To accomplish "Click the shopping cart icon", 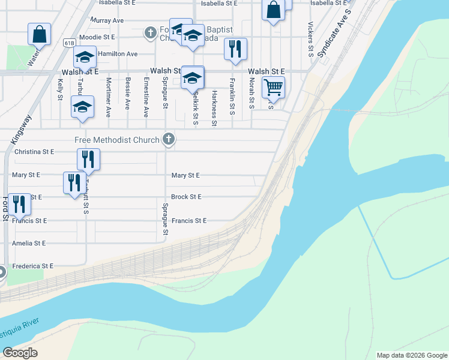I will click(x=273, y=87).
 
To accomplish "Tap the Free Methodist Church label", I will click(x=117, y=140).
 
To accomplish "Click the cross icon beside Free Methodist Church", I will click(x=169, y=139).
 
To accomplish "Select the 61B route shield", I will click(x=68, y=43).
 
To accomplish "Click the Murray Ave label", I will click(x=107, y=20).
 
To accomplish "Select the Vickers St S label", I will click(x=310, y=39).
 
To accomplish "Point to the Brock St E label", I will click(x=186, y=197).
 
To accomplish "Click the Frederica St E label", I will click(x=33, y=266).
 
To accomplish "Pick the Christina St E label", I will click(x=34, y=152).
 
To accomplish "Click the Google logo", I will click(x=20, y=353).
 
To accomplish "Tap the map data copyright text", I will click(x=412, y=355).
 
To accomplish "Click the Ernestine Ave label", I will click(x=146, y=97).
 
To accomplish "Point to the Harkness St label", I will click(x=214, y=109).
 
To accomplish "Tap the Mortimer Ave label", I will click(x=108, y=97).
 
